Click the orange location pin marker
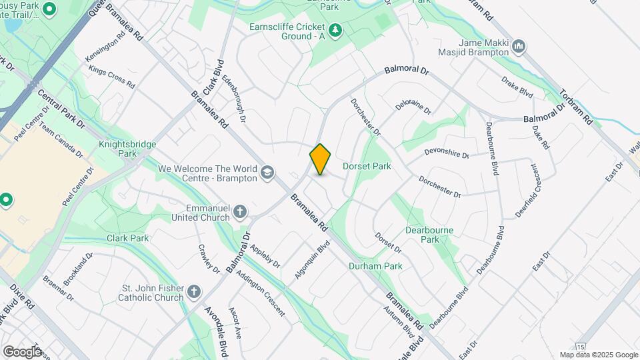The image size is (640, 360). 320,159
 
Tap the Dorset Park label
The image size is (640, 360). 366,166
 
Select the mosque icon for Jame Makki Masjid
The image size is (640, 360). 520,47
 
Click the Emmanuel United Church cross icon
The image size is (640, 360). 240,213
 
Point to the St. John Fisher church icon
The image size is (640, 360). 194,292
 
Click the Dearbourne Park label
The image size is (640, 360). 429,235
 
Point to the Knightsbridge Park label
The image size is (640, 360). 122,148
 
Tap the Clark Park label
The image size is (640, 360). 127,238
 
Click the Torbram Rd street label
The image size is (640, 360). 576,107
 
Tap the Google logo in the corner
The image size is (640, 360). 22,351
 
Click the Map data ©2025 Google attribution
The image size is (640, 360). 599,355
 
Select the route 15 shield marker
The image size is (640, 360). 581,347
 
